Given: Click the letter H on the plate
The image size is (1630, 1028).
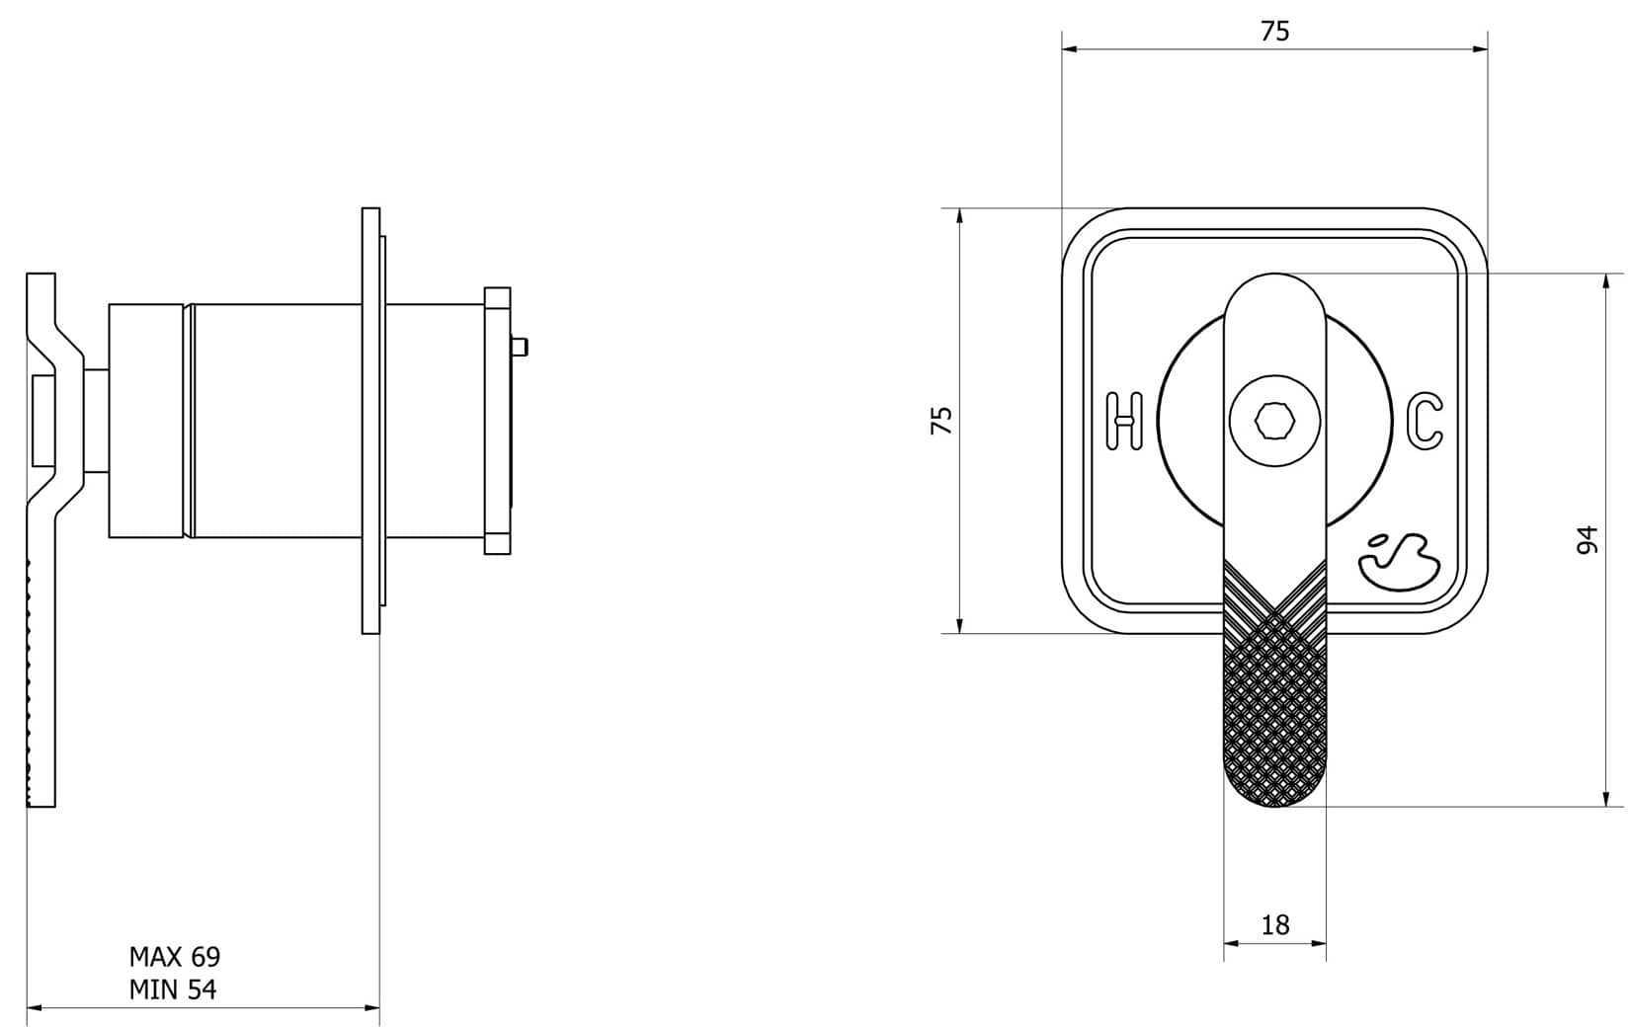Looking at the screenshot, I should pos(1123,421).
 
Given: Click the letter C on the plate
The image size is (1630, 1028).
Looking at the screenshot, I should pos(1425,421).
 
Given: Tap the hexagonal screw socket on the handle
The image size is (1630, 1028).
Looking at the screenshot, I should pos(1274,422).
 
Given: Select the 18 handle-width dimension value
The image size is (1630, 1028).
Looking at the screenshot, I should pos(1275,925).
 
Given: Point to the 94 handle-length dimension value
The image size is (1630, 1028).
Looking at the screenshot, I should pos(1587,540).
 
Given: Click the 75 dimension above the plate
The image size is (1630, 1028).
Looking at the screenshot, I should pos(1275,32).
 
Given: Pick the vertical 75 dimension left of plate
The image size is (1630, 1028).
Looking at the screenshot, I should pos(942,421).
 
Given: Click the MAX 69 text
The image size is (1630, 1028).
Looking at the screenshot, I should pos(175,957).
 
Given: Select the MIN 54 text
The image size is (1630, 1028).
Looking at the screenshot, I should pos(173,989).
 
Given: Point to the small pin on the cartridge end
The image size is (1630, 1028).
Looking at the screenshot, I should pos(520,346).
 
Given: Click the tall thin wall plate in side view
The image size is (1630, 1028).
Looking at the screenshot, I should pos(371,421).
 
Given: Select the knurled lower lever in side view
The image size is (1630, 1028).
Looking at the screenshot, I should pos(41,681).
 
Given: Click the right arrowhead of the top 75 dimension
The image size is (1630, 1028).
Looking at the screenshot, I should pos(1481,48).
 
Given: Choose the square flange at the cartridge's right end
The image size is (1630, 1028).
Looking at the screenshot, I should pos(497,421).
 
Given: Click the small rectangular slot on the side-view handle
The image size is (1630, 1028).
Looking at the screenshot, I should pos(44,421).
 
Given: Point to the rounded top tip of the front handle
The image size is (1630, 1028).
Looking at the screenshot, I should pos(1274,280).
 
